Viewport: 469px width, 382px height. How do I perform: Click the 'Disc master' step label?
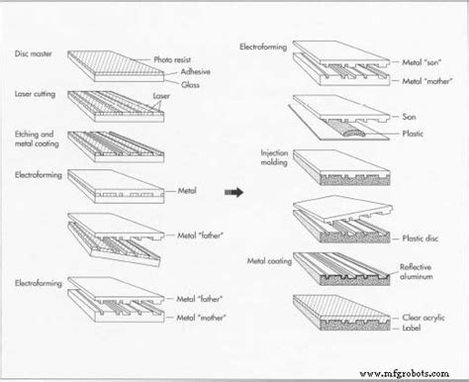[x=34, y=53]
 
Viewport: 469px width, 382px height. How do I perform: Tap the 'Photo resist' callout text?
[x=172, y=59]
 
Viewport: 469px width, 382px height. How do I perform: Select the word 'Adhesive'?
[x=195, y=71]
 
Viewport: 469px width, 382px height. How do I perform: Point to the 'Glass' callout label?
[x=190, y=84]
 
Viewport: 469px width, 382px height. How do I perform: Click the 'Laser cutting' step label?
[x=35, y=94]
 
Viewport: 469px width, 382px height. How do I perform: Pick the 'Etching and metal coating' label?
[x=37, y=139]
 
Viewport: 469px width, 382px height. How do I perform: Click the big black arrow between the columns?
[x=234, y=192]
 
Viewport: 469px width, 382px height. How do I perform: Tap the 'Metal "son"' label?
[x=422, y=62]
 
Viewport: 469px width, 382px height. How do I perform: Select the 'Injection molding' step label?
[x=274, y=157]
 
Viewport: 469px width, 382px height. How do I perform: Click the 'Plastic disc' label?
[x=421, y=239]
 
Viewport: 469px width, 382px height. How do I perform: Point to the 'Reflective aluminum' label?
[x=416, y=271]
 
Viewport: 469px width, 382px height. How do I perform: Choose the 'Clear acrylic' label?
[x=423, y=318]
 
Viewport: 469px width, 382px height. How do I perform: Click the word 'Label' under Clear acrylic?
[x=412, y=328]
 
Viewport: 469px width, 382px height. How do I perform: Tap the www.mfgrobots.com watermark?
[x=405, y=374]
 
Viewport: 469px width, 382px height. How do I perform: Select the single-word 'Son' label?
[x=409, y=117]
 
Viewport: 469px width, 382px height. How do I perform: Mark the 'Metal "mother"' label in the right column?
[x=427, y=81]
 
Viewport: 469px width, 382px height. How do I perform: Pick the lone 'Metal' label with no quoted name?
[x=187, y=190]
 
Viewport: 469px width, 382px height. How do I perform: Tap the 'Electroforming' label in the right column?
[x=263, y=47]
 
